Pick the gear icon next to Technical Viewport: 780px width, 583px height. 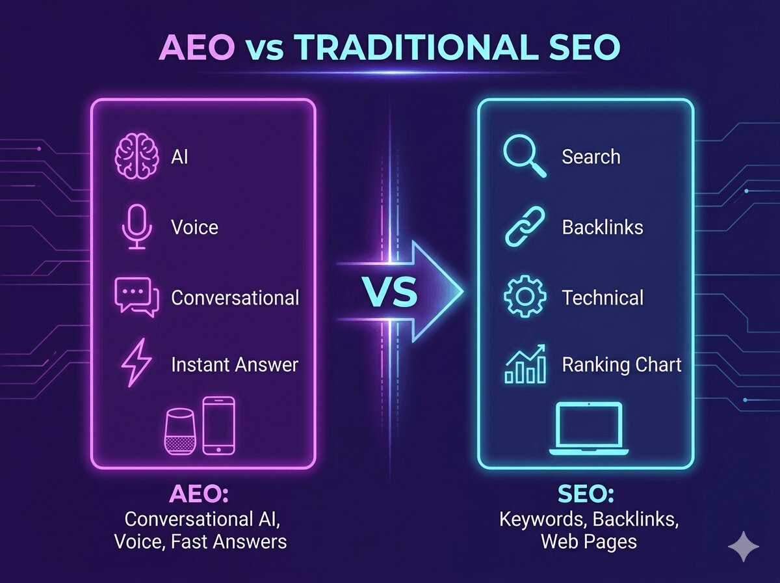pyautogui.click(x=525, y=298)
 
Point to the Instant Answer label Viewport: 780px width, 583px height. pyautogui.click(x=235, y=365)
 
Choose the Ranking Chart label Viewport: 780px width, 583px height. pyautogui.click(x=622, y=365)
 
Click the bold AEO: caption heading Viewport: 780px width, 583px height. pyautogui.click(x=205, y=496)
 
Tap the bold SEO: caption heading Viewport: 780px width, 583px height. pyautogui.click(x=586, y=496)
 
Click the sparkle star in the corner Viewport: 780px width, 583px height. pyautogui.click(x=743, y=548)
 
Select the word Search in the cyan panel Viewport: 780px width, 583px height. pyautogui.click(x=591, y=157)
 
